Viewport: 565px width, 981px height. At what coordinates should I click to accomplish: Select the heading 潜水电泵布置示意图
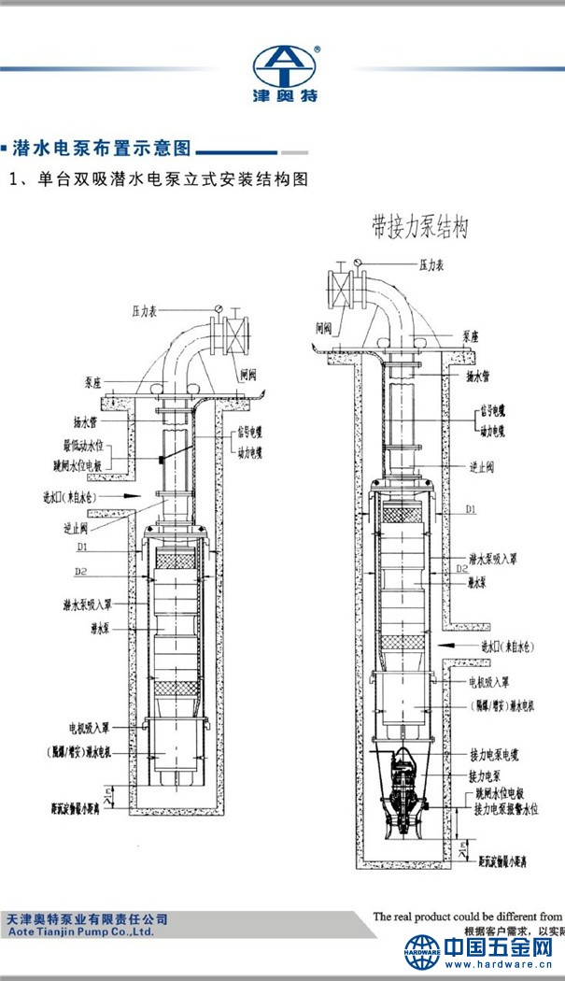click(102, 149)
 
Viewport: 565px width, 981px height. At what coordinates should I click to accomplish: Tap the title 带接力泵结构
click(418, 227)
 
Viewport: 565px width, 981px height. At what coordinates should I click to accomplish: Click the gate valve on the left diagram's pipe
click(234, 332)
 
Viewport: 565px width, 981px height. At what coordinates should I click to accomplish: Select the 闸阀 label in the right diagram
click(324, 328)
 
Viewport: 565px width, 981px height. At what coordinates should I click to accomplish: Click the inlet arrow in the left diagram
click(134, 495)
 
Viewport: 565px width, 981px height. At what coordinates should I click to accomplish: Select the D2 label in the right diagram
click(460, 567)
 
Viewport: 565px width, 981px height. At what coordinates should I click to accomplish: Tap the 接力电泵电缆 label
click(500, 753)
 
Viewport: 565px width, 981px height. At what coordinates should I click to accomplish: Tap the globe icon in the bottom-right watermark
click(422, 952)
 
